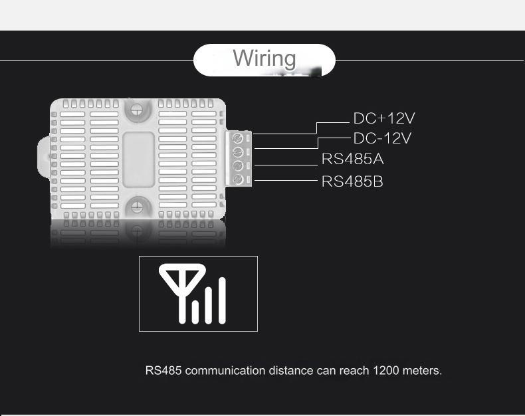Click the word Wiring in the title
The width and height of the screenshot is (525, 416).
click(264, 58)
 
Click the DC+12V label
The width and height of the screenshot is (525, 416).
click(383, 119)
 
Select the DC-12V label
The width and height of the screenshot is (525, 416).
click(382, 139)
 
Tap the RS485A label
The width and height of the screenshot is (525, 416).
click(352, 160)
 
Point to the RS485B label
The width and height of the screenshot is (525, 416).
click(352, 181)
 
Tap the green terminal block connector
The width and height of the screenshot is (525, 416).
click(241, 158)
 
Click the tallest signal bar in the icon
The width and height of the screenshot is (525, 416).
click(223, 300)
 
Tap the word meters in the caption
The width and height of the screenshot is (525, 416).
click(423, 371)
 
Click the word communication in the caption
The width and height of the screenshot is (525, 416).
click(225, 371)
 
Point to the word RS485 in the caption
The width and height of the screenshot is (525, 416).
click(163, 371)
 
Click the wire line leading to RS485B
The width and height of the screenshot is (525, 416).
click(286, 180)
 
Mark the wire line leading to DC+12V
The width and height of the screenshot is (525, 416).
click(332, 123)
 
